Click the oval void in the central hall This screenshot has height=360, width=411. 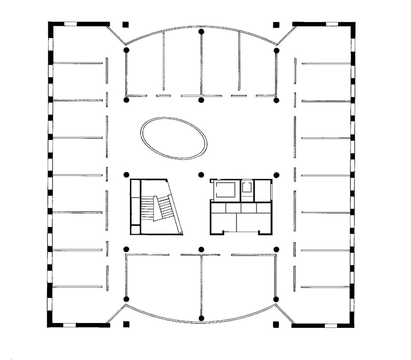click(174, 138)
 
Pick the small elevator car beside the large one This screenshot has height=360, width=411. click(247, 187)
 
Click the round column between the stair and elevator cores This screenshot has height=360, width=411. click(201, 175)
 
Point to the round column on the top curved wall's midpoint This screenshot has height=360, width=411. click(201, 32)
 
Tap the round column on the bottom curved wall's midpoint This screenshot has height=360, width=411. click(201, 318)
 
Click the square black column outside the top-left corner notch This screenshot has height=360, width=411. click(126, 25)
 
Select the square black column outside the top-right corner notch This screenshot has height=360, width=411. click(276, 25)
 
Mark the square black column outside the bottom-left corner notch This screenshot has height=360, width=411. click(126, 324)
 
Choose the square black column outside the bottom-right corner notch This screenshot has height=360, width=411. click(276, 324)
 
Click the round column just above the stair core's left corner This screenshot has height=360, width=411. click(126, 175)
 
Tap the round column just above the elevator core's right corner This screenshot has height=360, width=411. click(276, 175)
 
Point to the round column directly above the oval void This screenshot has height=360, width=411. click(201, 100)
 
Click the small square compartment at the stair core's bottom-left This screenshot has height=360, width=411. click(136, 229)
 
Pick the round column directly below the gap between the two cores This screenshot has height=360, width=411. click(201, 249)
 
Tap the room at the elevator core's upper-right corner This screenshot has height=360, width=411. click(263, 190)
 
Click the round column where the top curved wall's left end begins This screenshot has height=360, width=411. click(126, 50)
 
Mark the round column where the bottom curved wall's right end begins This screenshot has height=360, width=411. click(276, 299)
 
